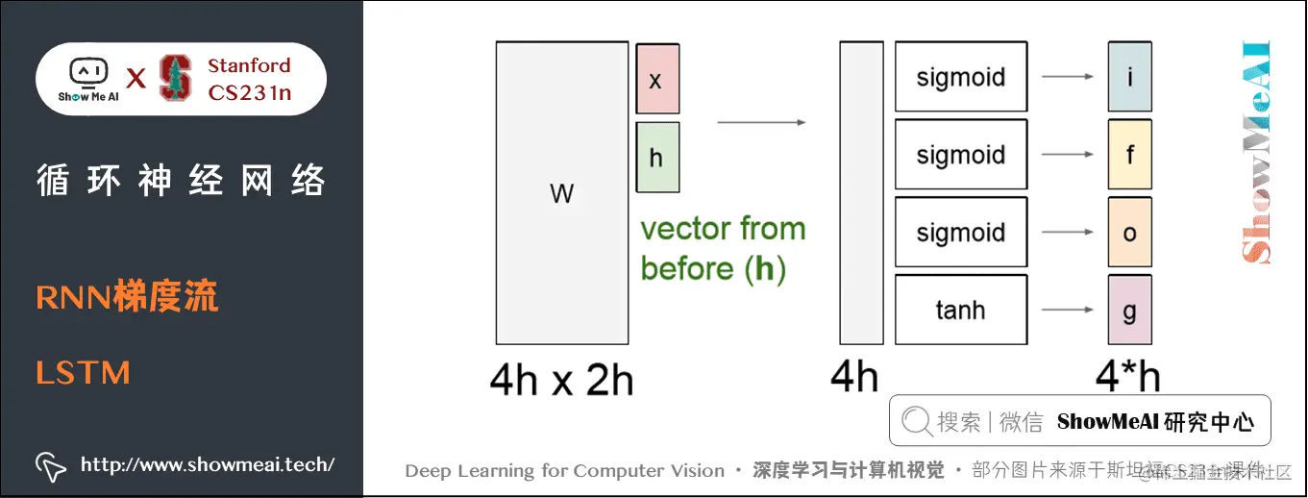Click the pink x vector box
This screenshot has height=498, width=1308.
657,79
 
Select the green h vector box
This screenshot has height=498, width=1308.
657,157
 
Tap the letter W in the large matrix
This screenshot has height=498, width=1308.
562,194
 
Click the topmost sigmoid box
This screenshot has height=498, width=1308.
960,77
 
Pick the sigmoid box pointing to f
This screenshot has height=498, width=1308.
960,155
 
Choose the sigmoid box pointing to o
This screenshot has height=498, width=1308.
960,233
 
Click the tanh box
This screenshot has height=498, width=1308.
960,310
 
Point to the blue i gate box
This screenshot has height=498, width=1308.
1129,77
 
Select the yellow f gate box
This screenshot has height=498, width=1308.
1129,155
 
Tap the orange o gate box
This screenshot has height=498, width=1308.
1129,233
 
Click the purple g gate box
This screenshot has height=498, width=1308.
1129,310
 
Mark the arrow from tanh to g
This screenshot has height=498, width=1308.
1067,310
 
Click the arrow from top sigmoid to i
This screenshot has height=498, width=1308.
1067,77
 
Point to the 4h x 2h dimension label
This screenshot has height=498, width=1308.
561,380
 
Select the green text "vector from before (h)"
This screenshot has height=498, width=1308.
723,249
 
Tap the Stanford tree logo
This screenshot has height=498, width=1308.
175,79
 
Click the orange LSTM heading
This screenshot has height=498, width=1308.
83,373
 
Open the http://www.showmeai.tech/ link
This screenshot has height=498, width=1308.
207,465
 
